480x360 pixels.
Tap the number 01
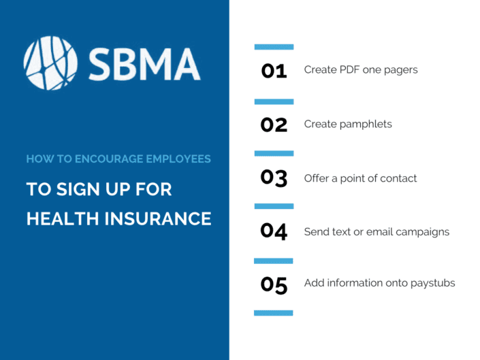click(x=274, y=70)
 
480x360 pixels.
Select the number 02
click(x=274, y=125)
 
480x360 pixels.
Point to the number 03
click(x=274, y=178)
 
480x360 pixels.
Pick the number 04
click(x=274, y=231)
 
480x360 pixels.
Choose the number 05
click(x=274, y=285)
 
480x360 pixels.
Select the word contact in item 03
click(x=398, y=178)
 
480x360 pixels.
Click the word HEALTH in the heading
click(x=61, y=218)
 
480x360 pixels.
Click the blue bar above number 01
click(x=274, y=47)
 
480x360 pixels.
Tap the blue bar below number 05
click(x=274, y=313)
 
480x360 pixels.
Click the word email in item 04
click(x=382, y=232)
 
